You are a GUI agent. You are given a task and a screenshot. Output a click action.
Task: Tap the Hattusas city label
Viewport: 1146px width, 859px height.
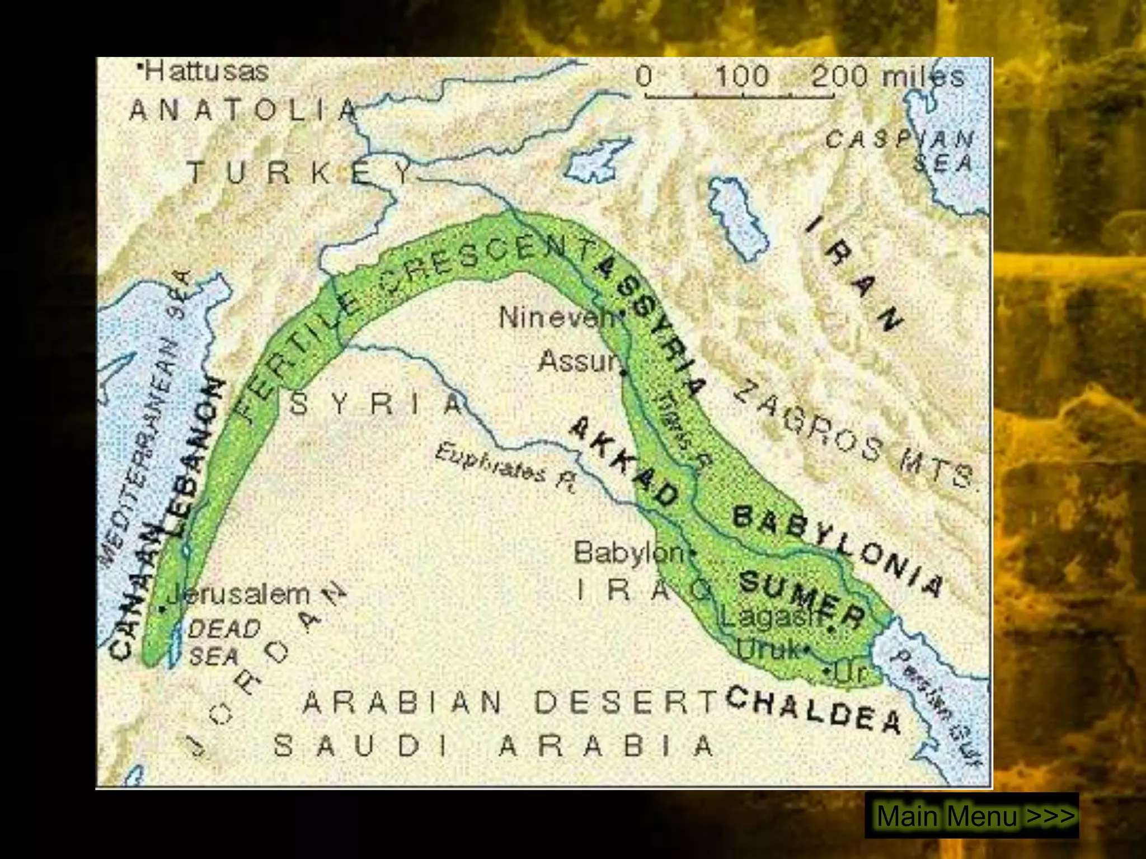click(x=205, y=72)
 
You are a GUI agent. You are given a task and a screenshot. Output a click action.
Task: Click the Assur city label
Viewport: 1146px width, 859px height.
click(x=579, y=362)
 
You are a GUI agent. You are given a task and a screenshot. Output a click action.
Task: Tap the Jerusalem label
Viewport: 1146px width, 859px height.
click(x=238, y=594)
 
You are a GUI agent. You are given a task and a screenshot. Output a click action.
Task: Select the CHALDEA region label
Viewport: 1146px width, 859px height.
click(x=814, y=710)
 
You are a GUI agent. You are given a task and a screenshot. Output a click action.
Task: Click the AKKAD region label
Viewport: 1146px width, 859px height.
click(x=624, y=463)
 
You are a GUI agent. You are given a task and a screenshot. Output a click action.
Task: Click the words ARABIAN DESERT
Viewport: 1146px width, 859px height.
click(x=509, y=702)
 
